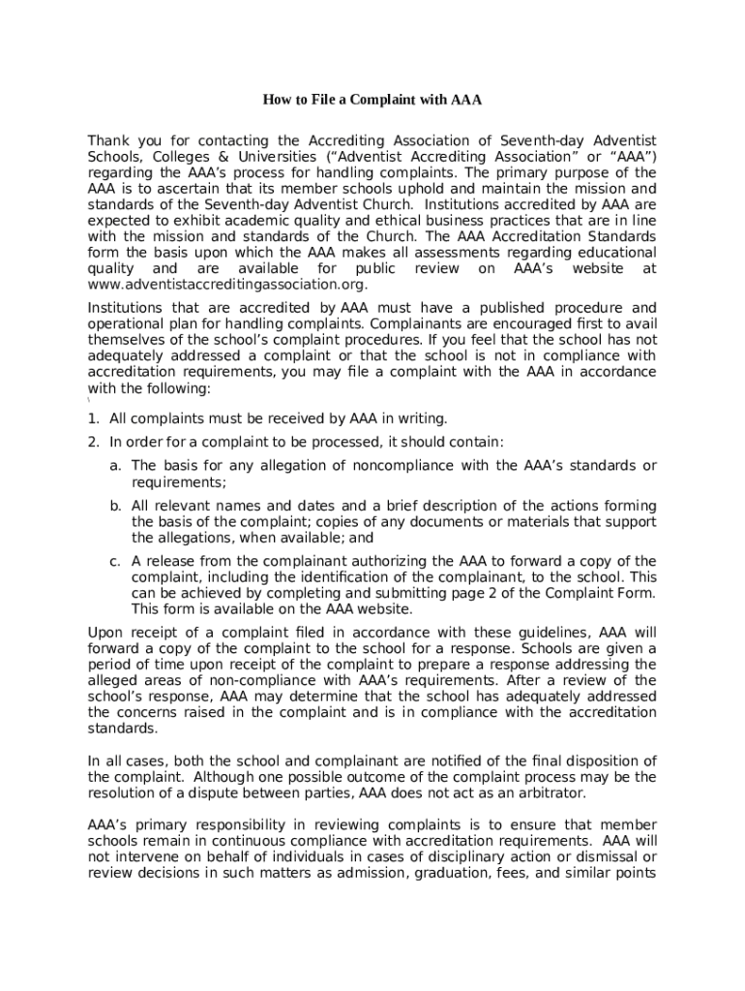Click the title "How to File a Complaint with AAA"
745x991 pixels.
tap(372, 101)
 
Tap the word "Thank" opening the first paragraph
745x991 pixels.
tap(108, 141)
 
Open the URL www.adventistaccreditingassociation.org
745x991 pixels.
tap(227, 284)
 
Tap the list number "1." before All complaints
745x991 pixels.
tap(94, 418)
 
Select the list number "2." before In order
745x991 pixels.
tap(94, 442)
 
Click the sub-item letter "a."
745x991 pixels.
tap(115, 466)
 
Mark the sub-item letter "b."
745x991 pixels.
tap(115, 506)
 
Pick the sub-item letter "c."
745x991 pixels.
tap(115, 561)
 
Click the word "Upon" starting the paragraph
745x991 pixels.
tap(104, 633)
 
